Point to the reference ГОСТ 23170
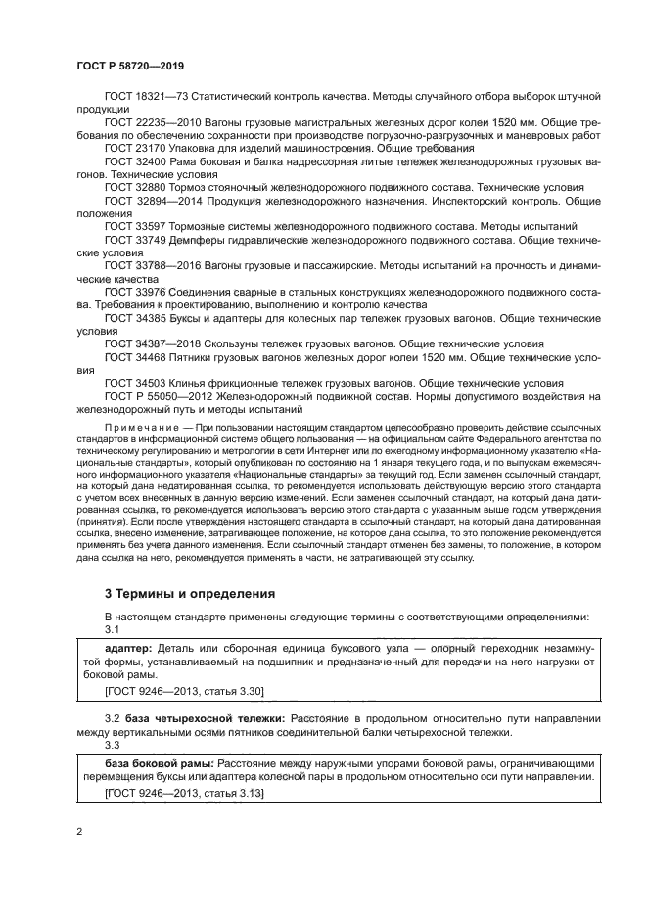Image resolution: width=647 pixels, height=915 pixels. [131, 147]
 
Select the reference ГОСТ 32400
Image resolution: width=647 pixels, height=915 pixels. [131, 160]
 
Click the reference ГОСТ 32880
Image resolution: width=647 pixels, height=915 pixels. [131, 186]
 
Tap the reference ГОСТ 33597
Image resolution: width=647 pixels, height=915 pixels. [131, 224]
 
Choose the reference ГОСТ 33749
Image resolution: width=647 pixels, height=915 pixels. [131, 237]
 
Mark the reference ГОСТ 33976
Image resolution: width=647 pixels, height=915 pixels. [131, 289]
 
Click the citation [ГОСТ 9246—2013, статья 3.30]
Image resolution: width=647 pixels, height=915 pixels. [184, 692]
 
